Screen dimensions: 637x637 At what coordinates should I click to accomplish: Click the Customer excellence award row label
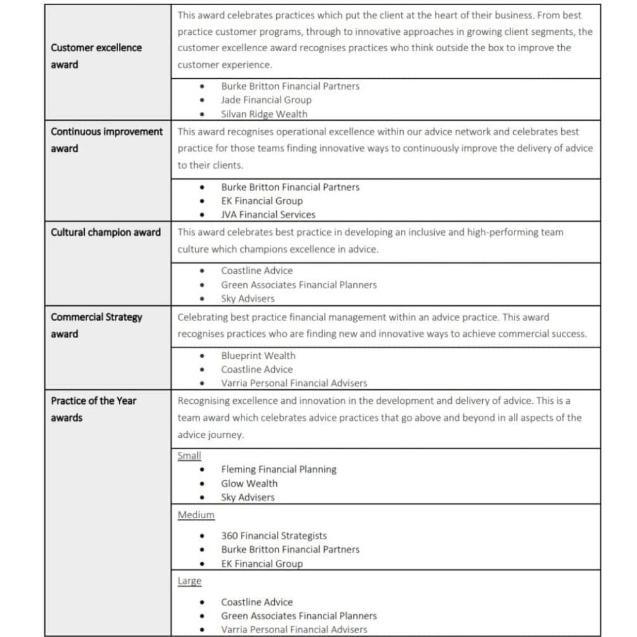coord(96,56)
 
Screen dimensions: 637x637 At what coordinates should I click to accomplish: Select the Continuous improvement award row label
coord(106,140)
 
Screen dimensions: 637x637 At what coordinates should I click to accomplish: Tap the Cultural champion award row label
coord(106,232)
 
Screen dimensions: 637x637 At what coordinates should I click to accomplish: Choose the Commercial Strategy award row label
coord(96,325)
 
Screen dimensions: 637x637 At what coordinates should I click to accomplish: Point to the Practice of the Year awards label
coord(93,409)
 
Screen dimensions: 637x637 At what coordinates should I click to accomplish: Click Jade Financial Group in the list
coord(265,100)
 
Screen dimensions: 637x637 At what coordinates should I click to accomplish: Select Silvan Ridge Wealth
coord(264,114)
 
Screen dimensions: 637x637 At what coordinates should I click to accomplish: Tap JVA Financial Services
coord(268,214)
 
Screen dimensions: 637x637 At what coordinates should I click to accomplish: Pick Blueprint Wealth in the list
coord(258,356)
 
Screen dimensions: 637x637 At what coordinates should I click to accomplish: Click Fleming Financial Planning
coord(279,470)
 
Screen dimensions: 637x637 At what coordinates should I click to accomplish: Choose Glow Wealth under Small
coord(249,483)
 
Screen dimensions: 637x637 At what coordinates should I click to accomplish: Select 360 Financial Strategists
coord(274,536)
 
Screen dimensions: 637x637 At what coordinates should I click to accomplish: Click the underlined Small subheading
coord(189,456)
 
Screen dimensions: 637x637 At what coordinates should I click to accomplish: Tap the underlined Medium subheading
coord(196,515)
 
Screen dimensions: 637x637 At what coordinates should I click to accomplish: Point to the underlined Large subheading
coord(190,581)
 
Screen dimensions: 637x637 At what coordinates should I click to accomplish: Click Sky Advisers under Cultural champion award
coord(248,299)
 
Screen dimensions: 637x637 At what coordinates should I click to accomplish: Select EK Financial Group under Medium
coord(262,564)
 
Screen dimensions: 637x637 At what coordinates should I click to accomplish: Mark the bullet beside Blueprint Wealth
coord(202,356)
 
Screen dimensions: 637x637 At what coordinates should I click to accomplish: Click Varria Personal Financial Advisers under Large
coord(293,629)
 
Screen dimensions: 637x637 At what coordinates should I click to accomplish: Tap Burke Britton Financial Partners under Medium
coord(290,550)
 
